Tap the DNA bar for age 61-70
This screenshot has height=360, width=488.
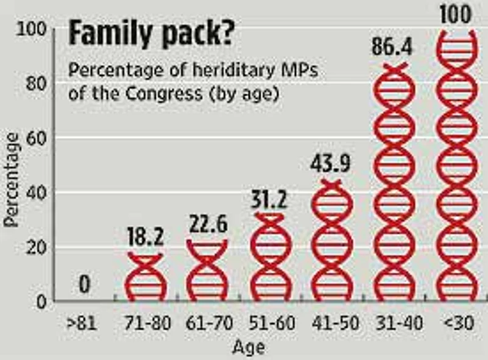click(207, 271)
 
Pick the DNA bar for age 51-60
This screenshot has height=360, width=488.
click(268, 259)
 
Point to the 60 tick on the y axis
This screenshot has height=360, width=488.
click(40, 138)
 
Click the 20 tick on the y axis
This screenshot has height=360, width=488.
click(40, 247)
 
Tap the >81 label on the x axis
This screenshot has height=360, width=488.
click(82, 323)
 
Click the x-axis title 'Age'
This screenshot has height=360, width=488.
click(249, 347)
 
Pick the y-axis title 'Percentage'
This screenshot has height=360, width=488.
click(11, 180)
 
